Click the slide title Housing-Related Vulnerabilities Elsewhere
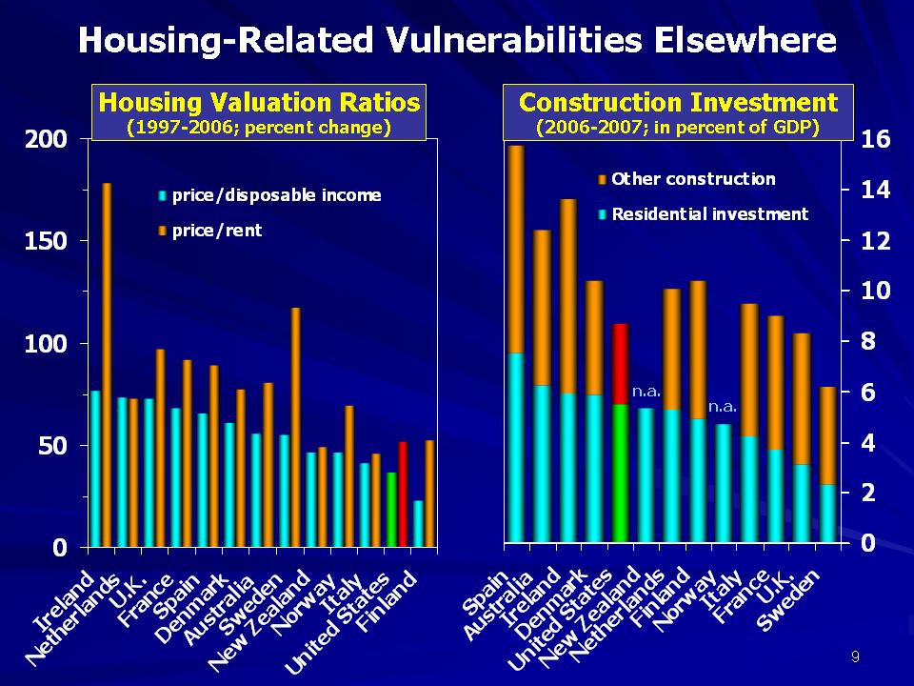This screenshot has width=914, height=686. pyautogui.click(x=457, y=40)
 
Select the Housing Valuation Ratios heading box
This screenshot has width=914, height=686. pyautogui.click(x=259, y=113)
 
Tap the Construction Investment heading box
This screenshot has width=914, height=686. pyautogui.click(x=678, y=113)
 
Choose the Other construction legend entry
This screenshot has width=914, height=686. pyautogui.click(x=692, y=179)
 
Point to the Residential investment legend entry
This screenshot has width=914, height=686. pyautogui.click(x=708, y=214)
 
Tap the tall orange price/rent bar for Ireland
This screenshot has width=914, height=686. pyautogui.click(x=108, y=362)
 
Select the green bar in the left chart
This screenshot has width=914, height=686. pyautogui.click(x=390, y=509)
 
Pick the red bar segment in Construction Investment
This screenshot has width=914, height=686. pyautogui.click(x=620, y=364)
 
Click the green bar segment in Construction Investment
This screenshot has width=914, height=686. pyautogui.click(x=620, y=473)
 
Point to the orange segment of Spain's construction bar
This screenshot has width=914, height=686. pyautogui.click(x=517, y=248)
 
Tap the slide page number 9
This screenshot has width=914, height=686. pyautogui.click(x=855, y=657)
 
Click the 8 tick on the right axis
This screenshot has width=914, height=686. pyautogui.click(x=872, y=341)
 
